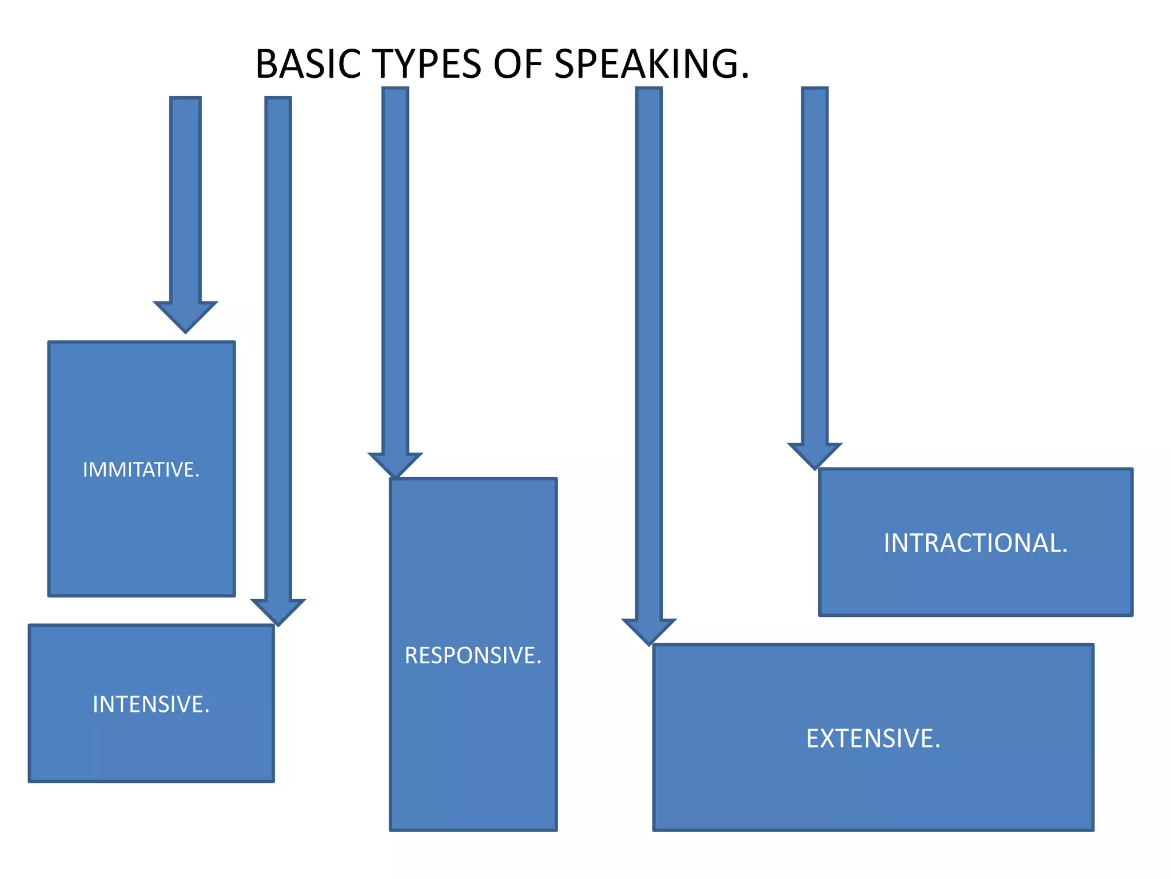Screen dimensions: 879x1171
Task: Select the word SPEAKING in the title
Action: point(647,64)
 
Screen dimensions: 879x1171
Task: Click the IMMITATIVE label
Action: point(141,470)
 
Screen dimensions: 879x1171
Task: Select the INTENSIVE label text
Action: point(151,704)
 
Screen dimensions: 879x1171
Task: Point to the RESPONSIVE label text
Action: point(473,655)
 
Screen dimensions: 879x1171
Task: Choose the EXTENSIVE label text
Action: point(873,739)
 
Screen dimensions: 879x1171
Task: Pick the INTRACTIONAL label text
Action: point(975,543)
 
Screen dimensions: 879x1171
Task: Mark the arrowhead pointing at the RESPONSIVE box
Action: point(395,464)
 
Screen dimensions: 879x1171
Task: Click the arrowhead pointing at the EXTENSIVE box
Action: point(649,631)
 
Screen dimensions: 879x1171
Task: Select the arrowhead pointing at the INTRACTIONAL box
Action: point(815,455)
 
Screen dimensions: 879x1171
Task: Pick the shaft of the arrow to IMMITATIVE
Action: point(185,200)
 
